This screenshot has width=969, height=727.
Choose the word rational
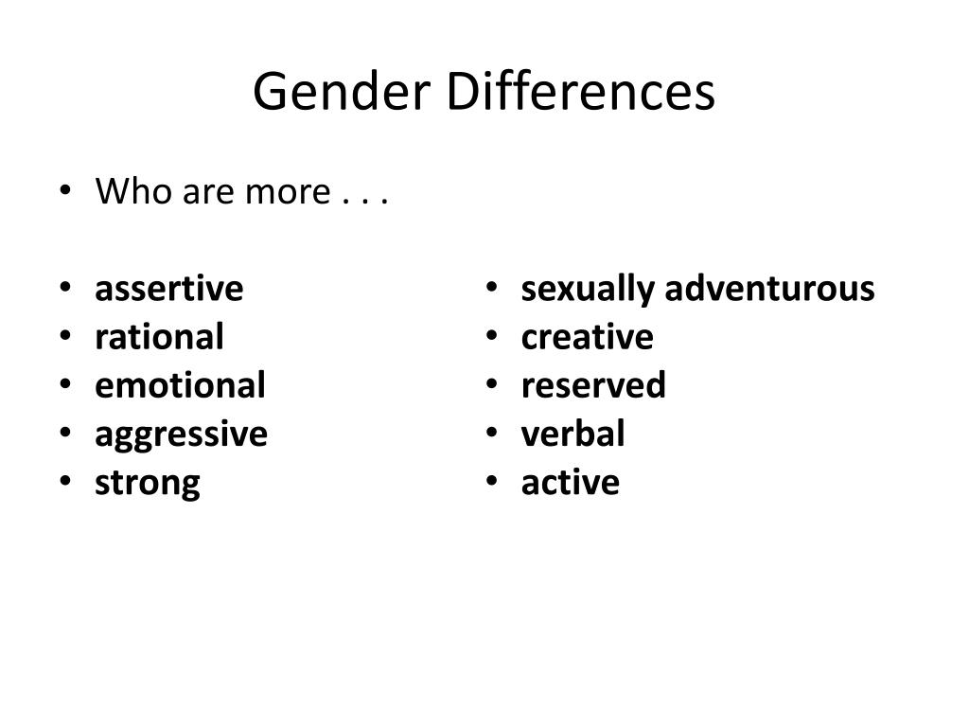coord(159,337)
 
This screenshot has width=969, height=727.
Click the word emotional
coord(180,385)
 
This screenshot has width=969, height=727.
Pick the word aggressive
coord(181,435)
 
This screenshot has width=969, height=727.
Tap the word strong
coord(147,484)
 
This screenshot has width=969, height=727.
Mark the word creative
coord(587,337)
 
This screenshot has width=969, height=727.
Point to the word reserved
coord(593,385)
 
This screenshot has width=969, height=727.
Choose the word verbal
coord(573,434)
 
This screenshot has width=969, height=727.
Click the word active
coord(570,482)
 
